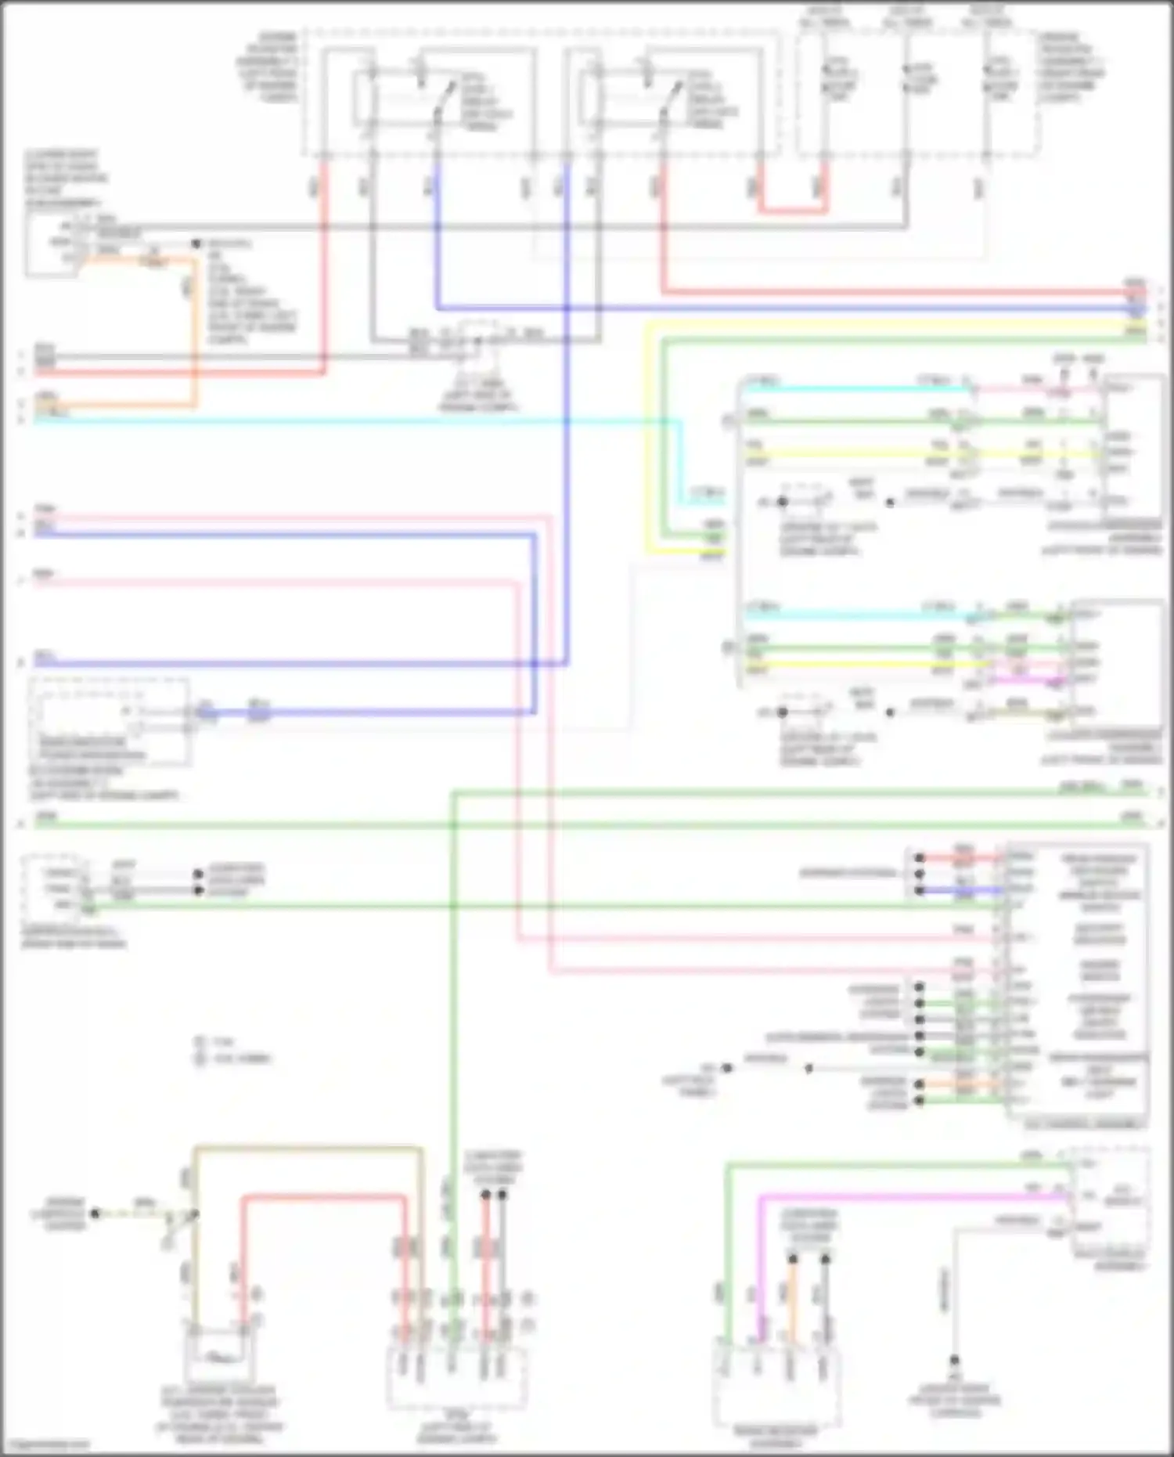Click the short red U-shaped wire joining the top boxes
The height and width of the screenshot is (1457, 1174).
click(792, 209)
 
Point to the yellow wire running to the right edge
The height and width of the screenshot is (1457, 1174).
click(861, 323)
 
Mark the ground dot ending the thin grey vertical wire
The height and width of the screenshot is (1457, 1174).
click(954, 1361)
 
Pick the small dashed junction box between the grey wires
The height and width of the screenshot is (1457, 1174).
click(481, 337)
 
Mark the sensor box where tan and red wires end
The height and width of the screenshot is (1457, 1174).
click(219, 1358)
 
